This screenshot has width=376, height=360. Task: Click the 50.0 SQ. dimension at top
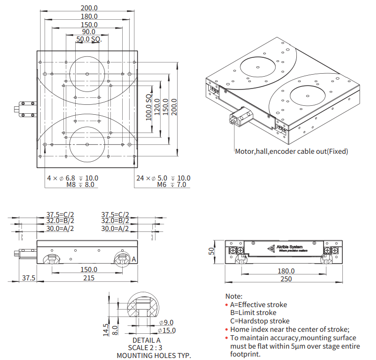(89, 39)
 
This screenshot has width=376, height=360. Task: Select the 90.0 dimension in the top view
(89, 32)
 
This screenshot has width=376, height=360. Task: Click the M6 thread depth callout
(172, 185)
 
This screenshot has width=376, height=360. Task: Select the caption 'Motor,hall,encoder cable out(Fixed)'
(291, 151)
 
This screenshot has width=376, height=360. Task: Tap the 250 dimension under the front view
(286, 279)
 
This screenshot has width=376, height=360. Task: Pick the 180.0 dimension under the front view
(286, 271)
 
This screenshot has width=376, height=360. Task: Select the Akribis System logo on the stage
(285, 248)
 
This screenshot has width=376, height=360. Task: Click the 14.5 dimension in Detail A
(105, 330)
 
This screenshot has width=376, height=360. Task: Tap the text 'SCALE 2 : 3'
(146, 348)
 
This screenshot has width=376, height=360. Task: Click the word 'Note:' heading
(234, 296)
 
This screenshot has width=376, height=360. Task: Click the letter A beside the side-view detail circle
(133, 259)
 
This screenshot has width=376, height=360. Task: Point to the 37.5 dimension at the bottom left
(29, 278)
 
